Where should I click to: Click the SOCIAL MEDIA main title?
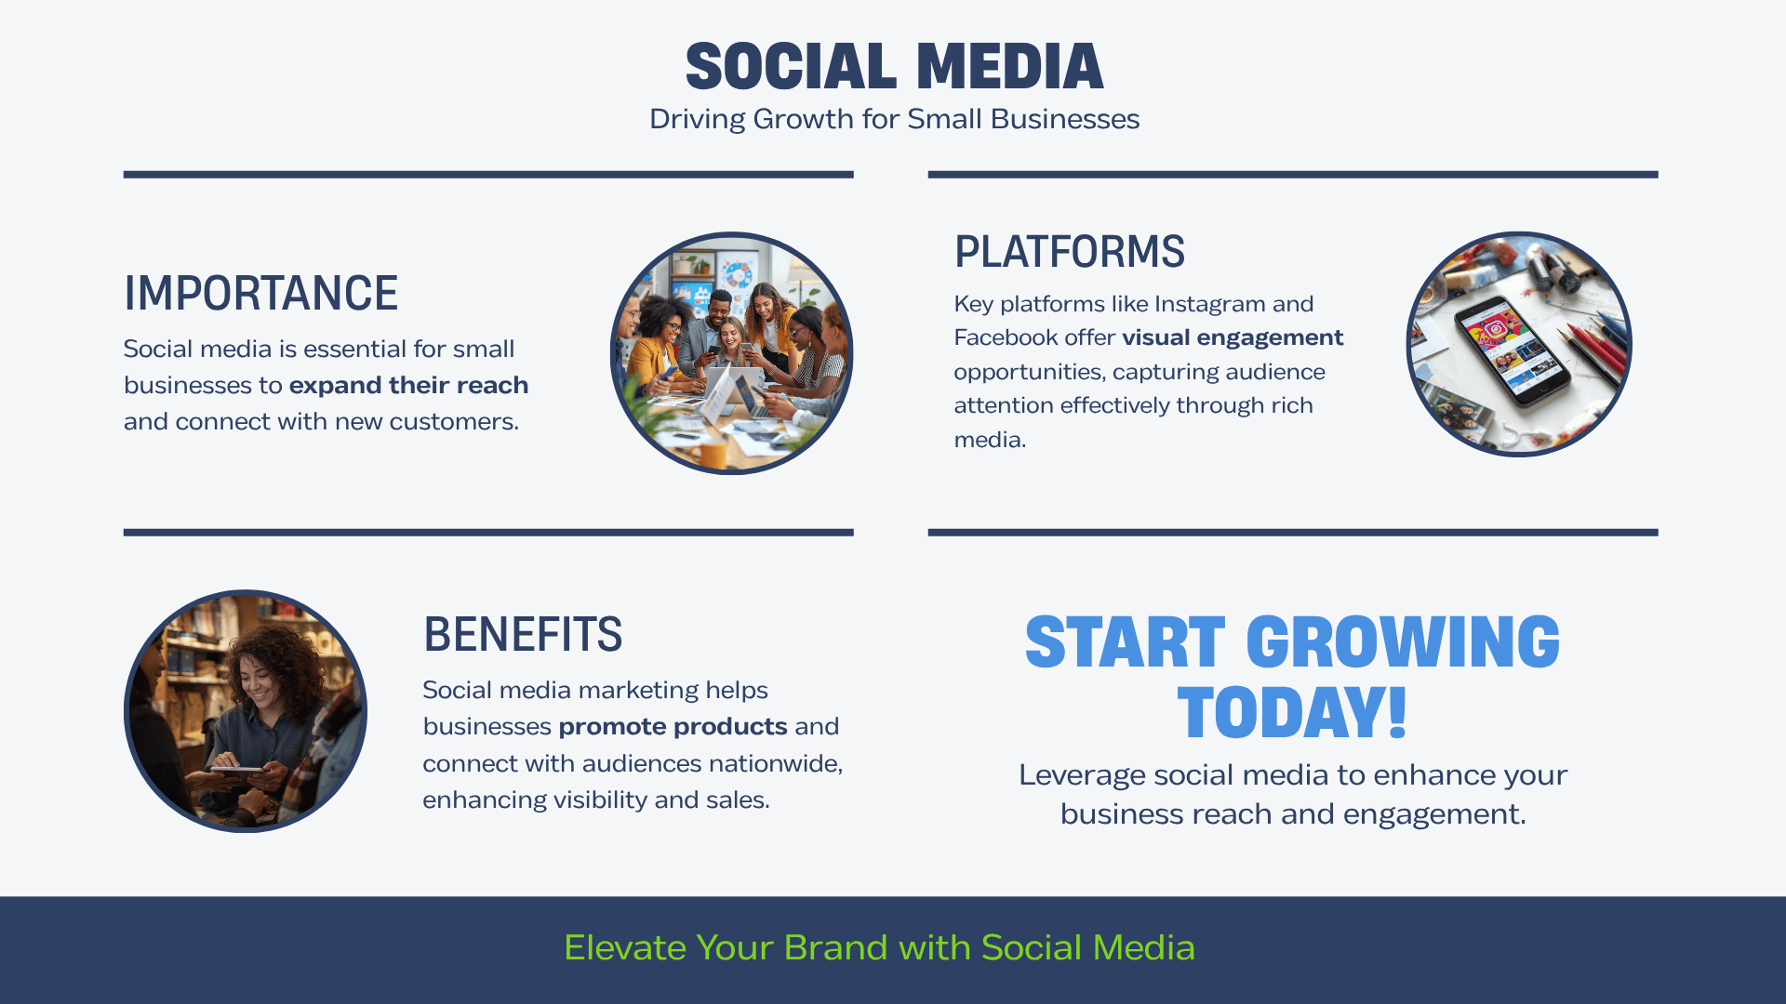click(894, 67)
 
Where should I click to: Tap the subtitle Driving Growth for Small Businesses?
click(894, 119)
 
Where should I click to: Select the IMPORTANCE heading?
click(260, 294)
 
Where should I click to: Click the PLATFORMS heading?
click(1069, 252)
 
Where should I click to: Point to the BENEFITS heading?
click(522, 635)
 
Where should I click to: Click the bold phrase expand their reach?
click(408, 385)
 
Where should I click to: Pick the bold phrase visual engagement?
click(1233, 337)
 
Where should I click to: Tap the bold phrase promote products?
click(673, 726)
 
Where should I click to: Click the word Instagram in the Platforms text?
click(1209, 304)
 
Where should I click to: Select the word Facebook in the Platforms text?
click(1007, 337)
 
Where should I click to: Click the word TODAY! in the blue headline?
click(1292, 713)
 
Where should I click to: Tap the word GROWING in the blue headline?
click(1402, 642)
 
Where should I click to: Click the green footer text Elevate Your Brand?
click(879, 947)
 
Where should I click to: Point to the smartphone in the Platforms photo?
click(1506, 350)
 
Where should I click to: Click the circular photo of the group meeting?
click(732, 353)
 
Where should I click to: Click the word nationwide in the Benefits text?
click(775, 763)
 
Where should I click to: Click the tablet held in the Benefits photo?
click(237, 771)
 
